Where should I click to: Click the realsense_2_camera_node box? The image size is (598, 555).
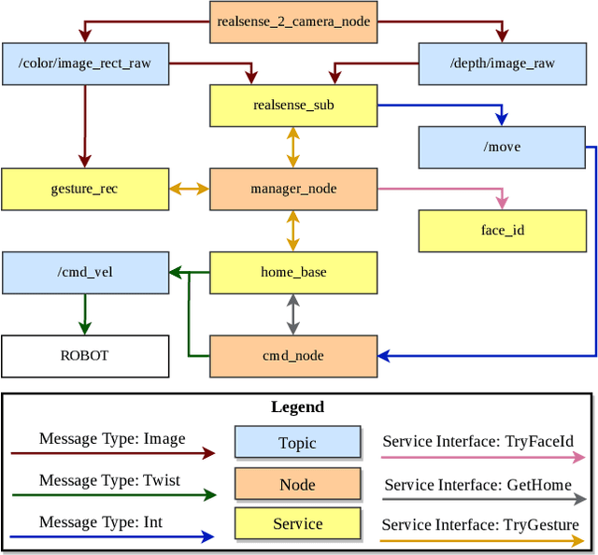[x=292, y=21]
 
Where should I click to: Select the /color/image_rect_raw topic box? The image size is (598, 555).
[x=85, y=64]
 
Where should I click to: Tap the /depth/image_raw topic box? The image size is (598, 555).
[x=502, y=64]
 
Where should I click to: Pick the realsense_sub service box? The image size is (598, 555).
[x=292, y=106]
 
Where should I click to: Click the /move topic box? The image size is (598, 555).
[x=502, y=148]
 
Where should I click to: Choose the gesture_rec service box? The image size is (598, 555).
[x=85, y=189]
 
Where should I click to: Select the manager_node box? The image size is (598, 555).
[x=292, y=189]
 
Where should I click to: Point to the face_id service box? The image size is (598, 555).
[x=502, y=231]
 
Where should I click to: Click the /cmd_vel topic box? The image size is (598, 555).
[x=85, y=273]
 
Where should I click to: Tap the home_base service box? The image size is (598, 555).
[x=292, y=273]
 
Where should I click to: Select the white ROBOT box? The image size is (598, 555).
[x=85, y=356]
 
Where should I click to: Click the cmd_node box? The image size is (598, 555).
[x=292, y=356]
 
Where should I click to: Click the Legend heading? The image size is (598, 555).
[x=297, y=407]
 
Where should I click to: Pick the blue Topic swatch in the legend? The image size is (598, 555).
[x=297, y=443]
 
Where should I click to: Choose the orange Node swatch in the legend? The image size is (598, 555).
[x=297, y=484]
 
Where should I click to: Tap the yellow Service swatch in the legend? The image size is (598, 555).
[x=297, y=524]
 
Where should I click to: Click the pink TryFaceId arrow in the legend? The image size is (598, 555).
[x=483, y=458]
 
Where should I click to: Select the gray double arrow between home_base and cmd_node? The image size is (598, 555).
[x=292, y=315]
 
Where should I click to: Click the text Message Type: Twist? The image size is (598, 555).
[x=110, y=480]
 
